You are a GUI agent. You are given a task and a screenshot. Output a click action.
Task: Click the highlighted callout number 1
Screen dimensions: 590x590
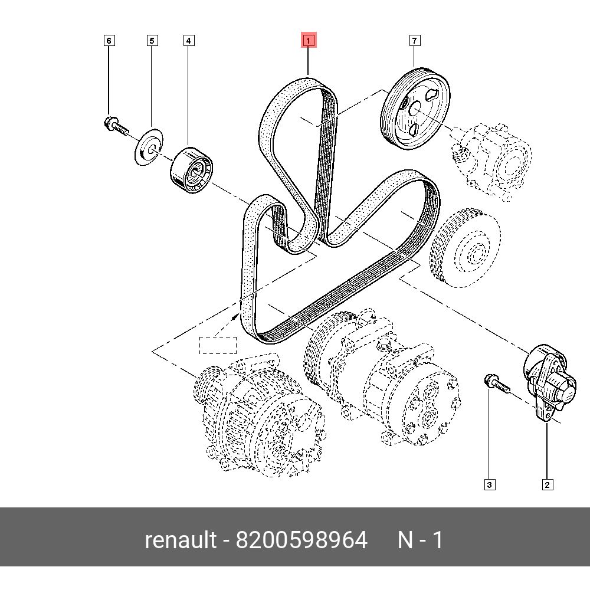(x=309, y=41)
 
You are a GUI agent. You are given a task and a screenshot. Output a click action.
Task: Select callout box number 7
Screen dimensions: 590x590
(x=415, y=41)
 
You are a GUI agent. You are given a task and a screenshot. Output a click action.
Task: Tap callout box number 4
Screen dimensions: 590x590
(x=188, y=41)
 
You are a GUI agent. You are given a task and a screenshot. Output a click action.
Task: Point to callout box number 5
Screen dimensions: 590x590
(x=152, y=41)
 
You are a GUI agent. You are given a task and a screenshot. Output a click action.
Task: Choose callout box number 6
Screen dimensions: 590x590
(x=109, y=41)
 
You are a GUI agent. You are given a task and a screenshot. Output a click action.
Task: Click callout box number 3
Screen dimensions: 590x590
(x=489, y=485)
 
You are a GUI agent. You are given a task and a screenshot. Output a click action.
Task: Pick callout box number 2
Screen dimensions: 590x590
(x=547, y=485)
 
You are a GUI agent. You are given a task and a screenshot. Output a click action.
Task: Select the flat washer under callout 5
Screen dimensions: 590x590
(x=147, y=147)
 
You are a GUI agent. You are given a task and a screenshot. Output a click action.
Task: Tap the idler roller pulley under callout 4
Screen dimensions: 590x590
(x=192, y=171)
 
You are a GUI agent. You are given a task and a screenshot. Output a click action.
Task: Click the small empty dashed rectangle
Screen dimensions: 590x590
(x=217, y=345)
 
